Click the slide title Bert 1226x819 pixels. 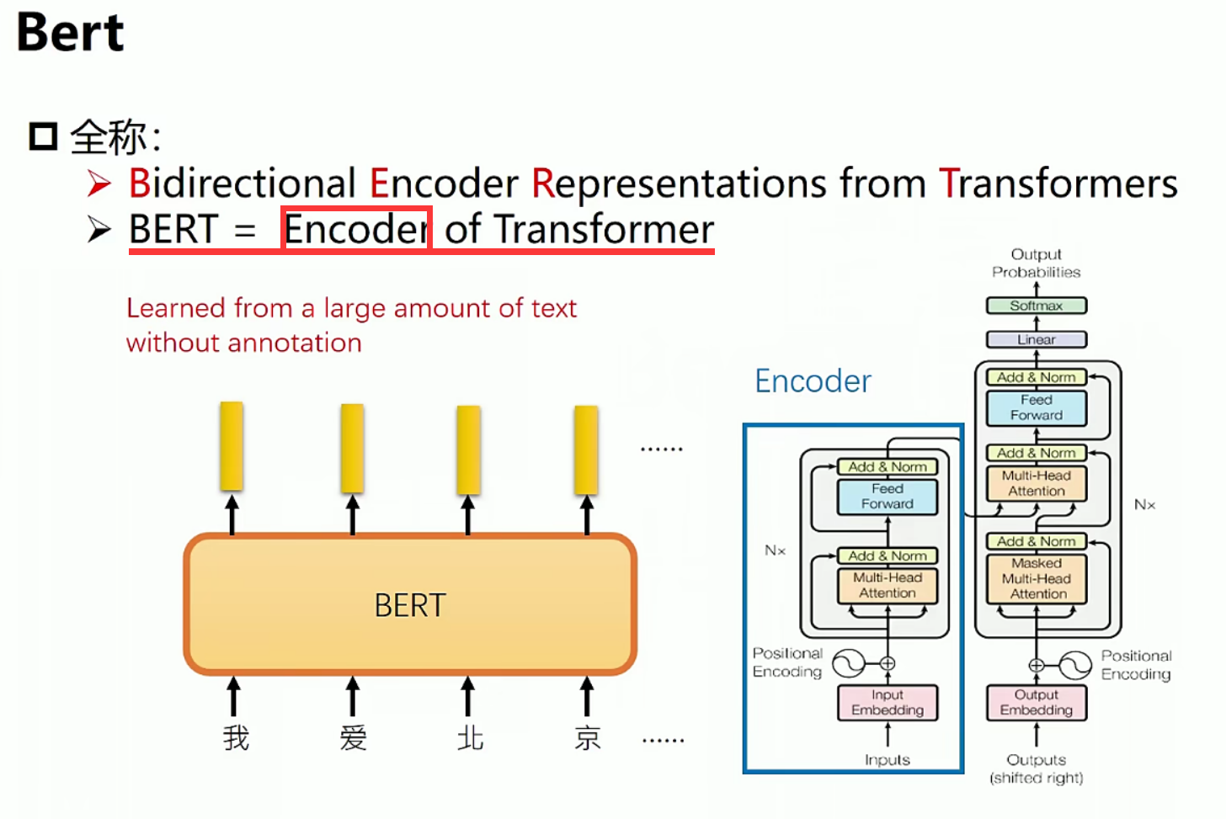(x=71, y=33)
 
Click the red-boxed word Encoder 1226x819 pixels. (x=356, y=229)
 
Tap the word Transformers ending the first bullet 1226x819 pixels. (x=1058, y=183)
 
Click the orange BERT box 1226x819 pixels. (x=410, y=604)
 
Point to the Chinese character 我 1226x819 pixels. (x=236, y=738)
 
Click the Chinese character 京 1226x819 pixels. (x=588, y=738)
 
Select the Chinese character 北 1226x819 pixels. (x=470, y=738)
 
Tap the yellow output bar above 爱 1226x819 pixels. (x=352, y=448)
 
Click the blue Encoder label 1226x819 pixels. (x=813, y=381)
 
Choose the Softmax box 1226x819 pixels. (x=1037, y=306)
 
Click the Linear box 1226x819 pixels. (x=1037, y=339)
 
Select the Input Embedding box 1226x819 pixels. (x=888, y=702)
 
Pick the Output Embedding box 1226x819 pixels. (x=1037, y=702)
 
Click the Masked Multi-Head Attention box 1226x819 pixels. (x=1037, y=578)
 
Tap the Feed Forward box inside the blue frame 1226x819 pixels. (x=888, y=496)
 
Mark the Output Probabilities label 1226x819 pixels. (x=1037, y=263)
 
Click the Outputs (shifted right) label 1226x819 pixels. (x=1037, y=768)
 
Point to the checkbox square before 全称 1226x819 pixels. (x=43, y=136)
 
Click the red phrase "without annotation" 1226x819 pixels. (x=244, y=343)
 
